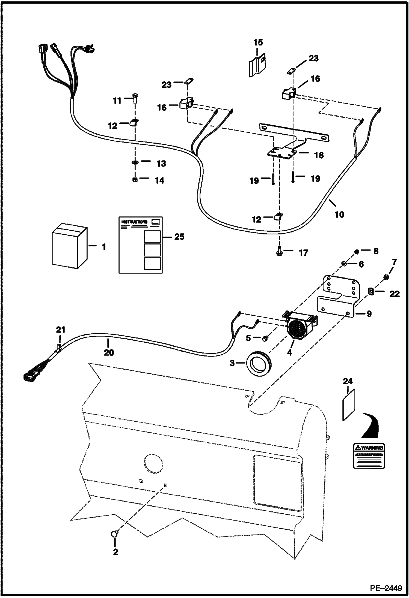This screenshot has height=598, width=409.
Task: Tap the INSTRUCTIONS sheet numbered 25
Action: tap(140, 244)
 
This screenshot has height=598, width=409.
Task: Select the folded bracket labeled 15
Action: tap(257, 64)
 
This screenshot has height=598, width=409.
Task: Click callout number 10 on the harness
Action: tap(339, 215)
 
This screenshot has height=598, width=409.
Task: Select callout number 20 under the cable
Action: tap(109, 352)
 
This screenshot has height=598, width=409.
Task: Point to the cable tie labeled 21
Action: tap(58, 347)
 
